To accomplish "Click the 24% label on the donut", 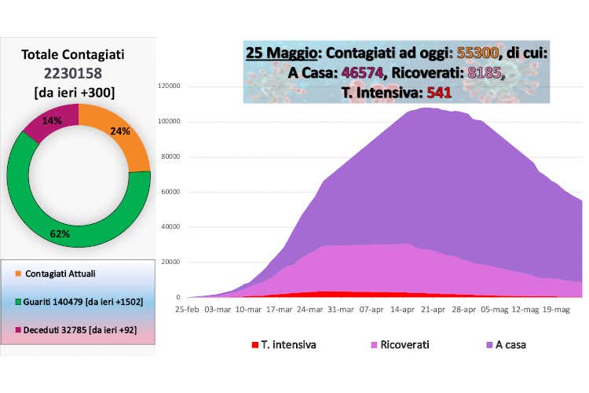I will (120, 131).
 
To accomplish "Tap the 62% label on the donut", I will (60, 233).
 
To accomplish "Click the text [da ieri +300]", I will (73, 92).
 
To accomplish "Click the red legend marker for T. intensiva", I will (254, 345).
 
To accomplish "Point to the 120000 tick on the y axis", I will (170, 86).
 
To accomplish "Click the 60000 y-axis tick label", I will (172, 192).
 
